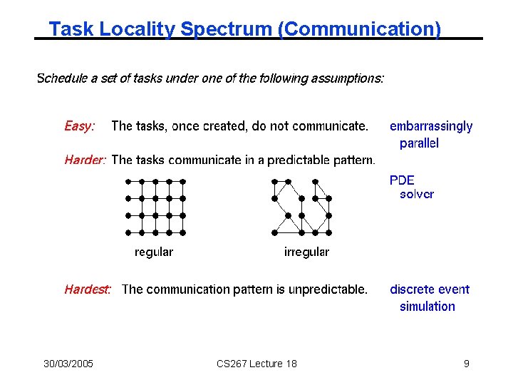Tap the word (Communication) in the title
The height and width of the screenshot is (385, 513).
[360, 29]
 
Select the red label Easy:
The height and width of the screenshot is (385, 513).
[79, 126]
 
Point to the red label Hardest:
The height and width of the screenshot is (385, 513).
[88, 289]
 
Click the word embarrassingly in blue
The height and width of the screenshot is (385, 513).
[431, 126]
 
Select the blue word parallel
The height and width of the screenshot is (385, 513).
[419, 143]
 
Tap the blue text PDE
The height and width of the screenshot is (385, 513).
[402, 180]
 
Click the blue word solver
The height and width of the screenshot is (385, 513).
[416, 194]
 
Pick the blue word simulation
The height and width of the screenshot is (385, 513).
[427, 307]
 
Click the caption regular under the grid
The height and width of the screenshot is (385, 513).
[154, 252]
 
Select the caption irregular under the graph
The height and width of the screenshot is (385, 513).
[306, 252]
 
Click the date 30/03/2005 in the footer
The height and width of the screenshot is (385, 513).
[68, 364]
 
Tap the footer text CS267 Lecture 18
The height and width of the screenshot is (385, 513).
[256, 364]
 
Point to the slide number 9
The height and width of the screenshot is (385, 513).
[466, 364]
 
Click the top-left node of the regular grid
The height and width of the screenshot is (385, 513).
[128, 182]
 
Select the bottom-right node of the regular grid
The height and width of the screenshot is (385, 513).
[183, 232]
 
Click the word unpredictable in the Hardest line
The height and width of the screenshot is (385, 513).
[326, 289]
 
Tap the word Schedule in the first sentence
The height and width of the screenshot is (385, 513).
[62, 78]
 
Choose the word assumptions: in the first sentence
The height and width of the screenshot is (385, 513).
[348, 78]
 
